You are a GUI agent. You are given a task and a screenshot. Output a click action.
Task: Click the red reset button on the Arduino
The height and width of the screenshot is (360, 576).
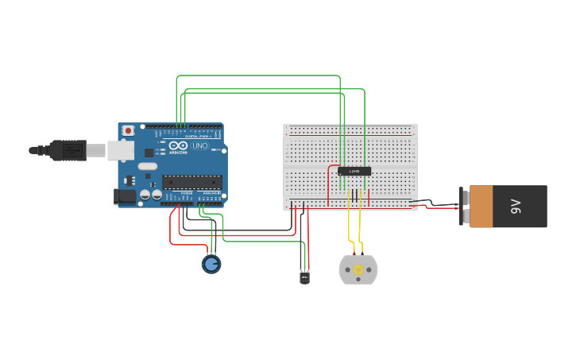[128, 130]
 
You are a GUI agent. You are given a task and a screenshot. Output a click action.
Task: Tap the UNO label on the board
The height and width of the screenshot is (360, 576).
[200, 145]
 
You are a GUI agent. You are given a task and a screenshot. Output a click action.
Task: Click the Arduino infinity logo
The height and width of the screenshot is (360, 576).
[178, 145]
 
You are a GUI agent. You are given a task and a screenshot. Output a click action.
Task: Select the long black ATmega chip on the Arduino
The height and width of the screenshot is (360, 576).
[191, 182]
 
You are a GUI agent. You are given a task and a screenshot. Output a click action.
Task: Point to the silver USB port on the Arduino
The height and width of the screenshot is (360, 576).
[120, 149]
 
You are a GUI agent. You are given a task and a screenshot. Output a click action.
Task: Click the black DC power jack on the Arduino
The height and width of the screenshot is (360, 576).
[125, 195]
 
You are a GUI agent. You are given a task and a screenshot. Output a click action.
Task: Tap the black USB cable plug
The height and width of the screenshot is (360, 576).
[67, 149]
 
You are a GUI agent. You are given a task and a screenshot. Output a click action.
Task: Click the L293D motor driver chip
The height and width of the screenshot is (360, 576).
[354, 171]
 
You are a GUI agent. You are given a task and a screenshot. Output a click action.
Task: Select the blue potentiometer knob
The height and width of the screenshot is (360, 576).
[211, 264]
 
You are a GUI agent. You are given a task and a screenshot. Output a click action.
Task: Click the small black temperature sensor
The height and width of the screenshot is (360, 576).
[304, 277]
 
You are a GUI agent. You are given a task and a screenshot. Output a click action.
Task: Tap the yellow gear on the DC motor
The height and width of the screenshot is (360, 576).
[358, 270]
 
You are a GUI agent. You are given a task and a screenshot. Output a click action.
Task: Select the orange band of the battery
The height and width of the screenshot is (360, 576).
[481, 207]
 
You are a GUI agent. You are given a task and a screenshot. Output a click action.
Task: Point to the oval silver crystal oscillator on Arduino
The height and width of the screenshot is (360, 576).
[148, 166]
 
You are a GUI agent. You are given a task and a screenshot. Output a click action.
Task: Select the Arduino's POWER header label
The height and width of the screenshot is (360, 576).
[186, 193]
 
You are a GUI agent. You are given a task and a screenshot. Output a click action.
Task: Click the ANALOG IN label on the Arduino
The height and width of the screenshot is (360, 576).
[211, 193]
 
